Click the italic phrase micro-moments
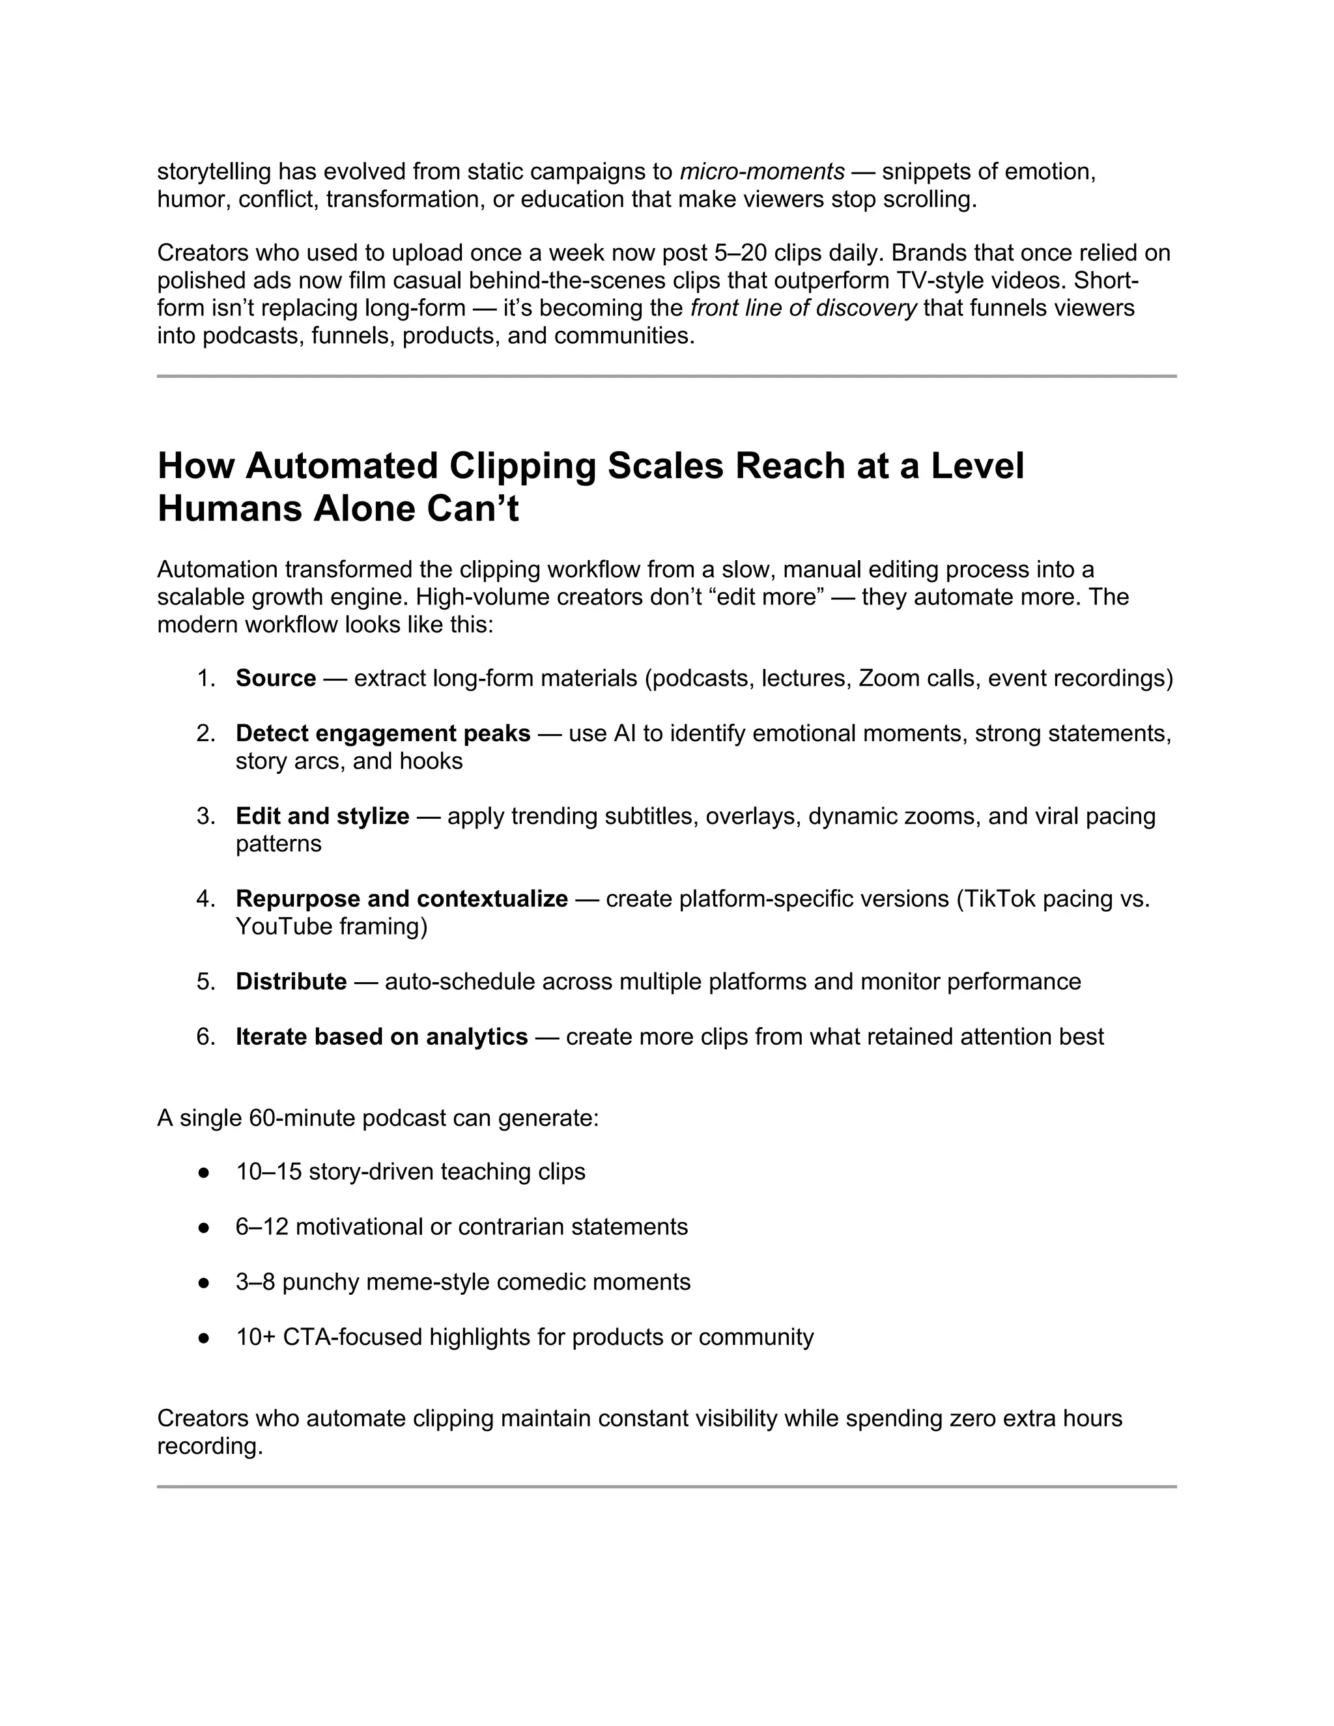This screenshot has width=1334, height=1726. pyautogui.click(x=762, y=171)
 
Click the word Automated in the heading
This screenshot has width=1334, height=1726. pyautogui.click(x=341, y=466)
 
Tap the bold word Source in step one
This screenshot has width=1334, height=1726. pyautogui.click(x=276, y=678)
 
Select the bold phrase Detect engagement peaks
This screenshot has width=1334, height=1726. pyautogui.click(x=382, y=733)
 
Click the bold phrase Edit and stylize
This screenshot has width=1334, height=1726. pyautogui.click(x=322, y=815)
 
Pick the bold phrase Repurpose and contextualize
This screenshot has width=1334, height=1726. pyautogui.click(x=401, y=899)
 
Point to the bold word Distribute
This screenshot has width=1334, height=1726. pyautogui.click(x=291, y=982)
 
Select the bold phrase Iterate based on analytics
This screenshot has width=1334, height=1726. pyautogui.click(x=382, y=1036)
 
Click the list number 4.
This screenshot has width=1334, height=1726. pyautogui.click(x=205, y=899)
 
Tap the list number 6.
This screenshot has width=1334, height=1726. pyautogui.click(x=205, y=1036)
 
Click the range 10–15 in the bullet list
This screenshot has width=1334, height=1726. pyautogui.click(x=269, y=1171)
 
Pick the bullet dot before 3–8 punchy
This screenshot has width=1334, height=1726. pyautogui.click(x=204, y=1282)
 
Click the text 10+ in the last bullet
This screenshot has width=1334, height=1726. pyautogui.click(x=255, y=1337)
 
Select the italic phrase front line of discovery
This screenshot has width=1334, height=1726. pyautogui.click(x=803, y=308)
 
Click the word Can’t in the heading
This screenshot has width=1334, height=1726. pyautogui.click(x=473, y=508)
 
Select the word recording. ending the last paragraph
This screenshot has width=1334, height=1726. pyautogui.click(x=210, y=1446)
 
